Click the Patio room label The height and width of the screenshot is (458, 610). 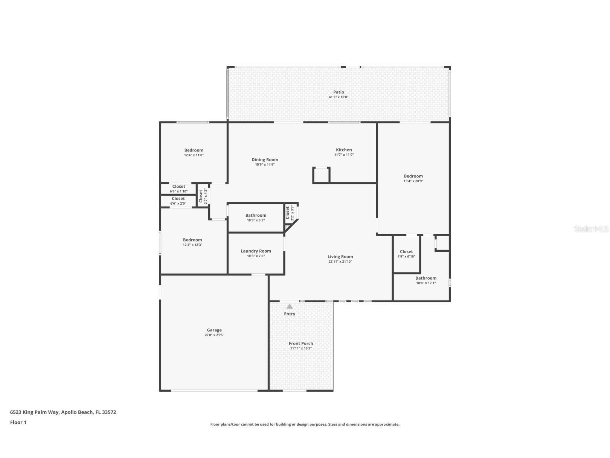coord(339,92)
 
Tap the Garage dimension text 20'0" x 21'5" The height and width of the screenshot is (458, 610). coord(214,335)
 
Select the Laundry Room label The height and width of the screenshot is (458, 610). coord(256,251)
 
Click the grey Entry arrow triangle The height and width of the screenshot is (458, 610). coord(290,306)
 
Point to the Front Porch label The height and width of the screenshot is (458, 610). coord(301,343)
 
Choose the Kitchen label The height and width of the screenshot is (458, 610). coord(344,150)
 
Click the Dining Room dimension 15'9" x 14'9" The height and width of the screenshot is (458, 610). coord(265,165)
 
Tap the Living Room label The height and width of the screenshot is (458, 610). coord(340,257)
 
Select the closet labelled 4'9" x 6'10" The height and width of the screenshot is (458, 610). coord(406,254)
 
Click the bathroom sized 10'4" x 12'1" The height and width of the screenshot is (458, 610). coord(426,280)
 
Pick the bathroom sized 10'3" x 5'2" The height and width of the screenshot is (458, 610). coord(256,218)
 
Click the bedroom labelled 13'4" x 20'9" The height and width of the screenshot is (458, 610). coord(413,178)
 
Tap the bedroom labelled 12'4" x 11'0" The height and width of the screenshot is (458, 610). coord(194,152)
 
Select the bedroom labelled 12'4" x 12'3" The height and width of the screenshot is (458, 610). coord(192,242)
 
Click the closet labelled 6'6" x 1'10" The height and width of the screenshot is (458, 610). coord(178,188)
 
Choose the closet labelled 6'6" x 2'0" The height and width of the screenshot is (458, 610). coord(178,201)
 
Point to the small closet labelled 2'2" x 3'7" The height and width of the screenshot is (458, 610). coord(289,213)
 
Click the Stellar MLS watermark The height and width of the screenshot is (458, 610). coord(591,229)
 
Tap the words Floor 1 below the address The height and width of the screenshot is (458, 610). coord(18,422)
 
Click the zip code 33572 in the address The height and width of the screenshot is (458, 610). coord(109,412)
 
